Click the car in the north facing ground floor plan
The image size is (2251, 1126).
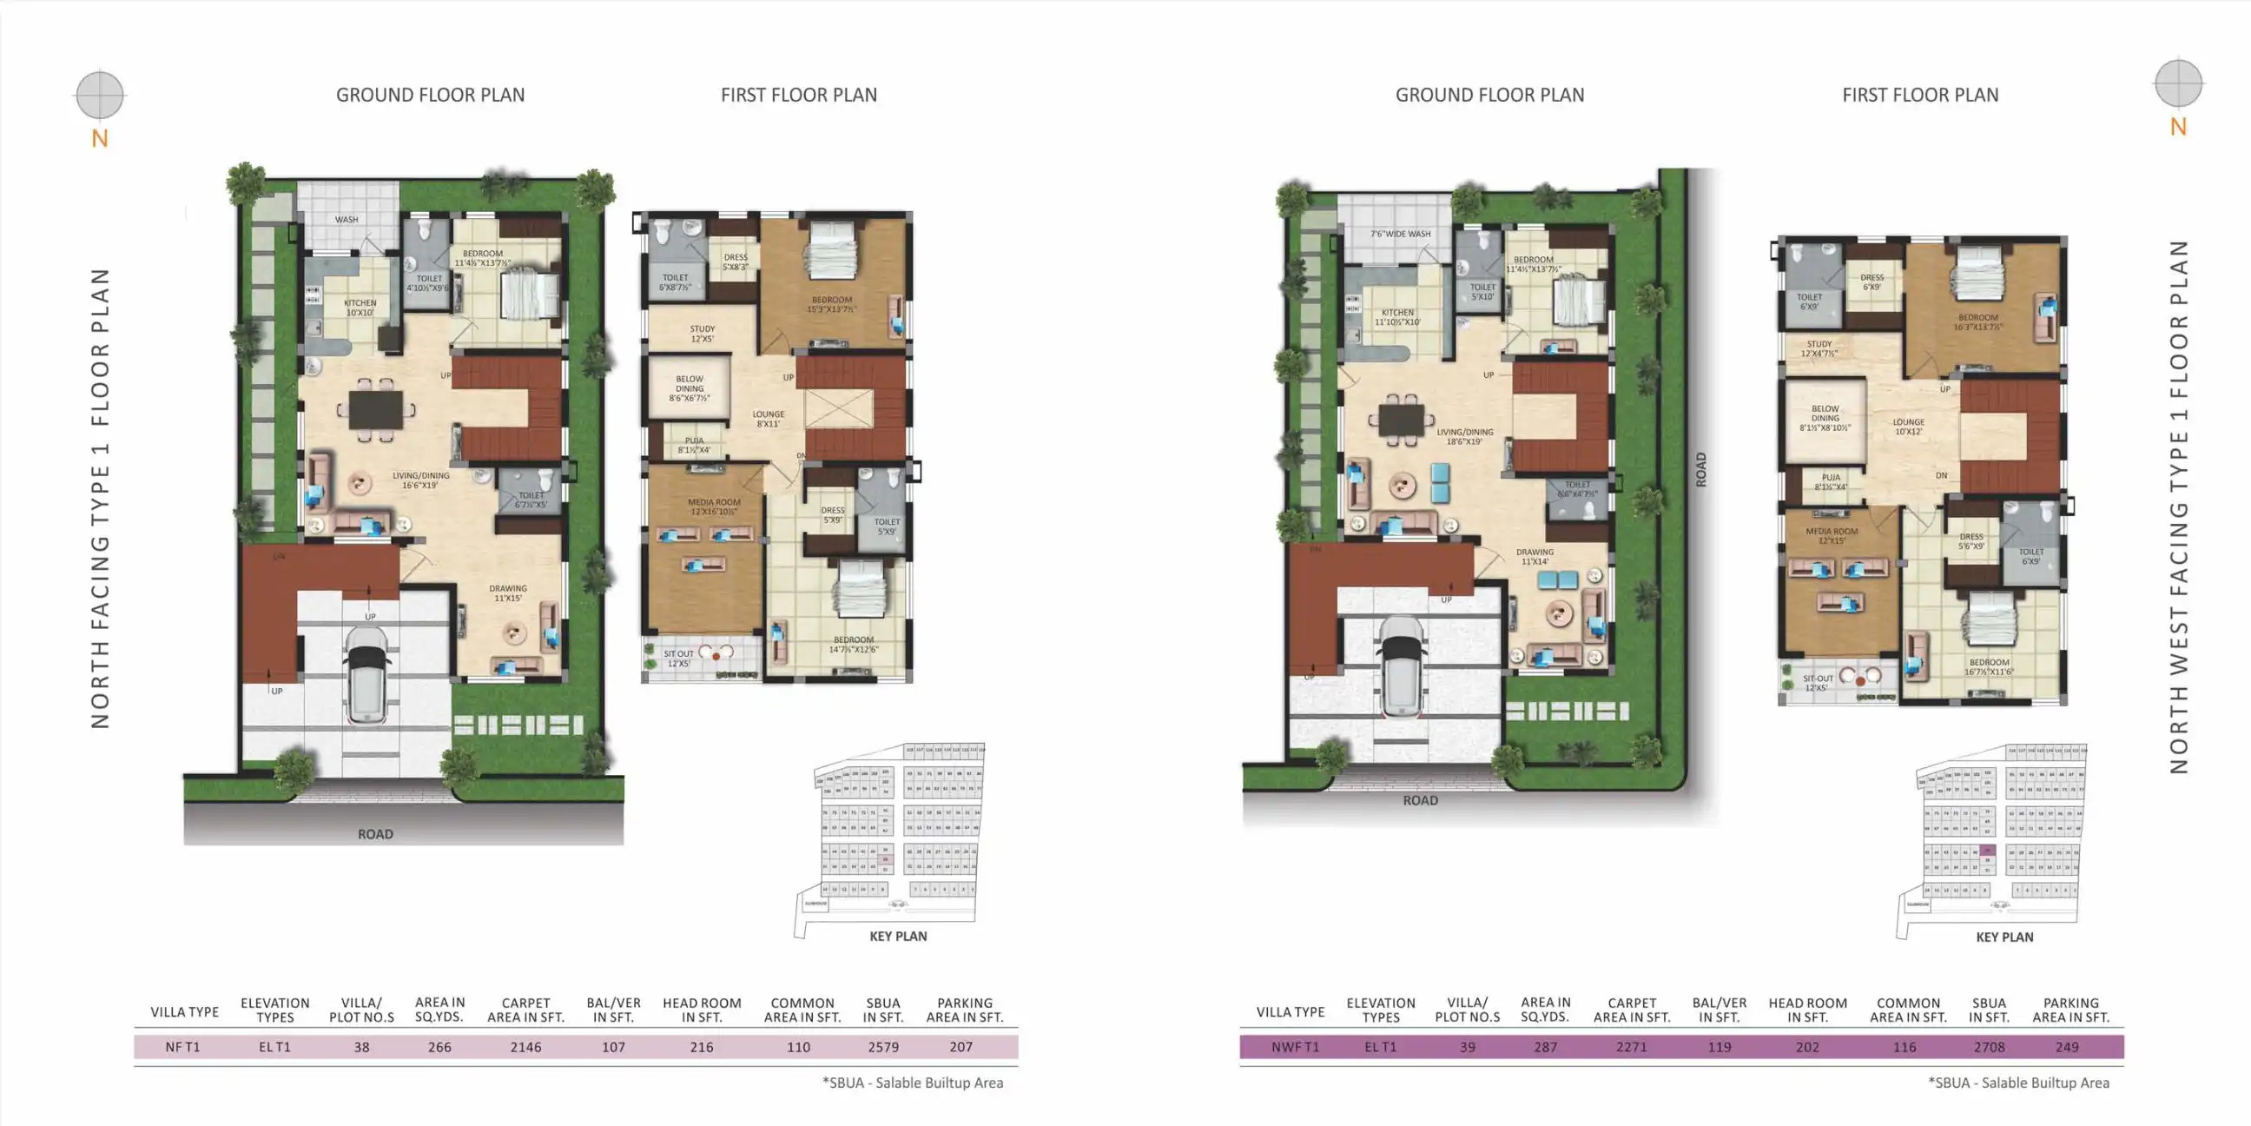point(366,674)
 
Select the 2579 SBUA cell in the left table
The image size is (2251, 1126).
point(882,1046)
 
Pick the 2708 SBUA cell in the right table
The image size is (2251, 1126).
point(1989,1046)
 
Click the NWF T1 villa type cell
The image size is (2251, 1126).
point(1295,1046)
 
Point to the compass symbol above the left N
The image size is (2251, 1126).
point(100,95)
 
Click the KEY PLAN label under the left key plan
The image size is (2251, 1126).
point(897,936)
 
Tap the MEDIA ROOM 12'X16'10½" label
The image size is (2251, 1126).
point(714,507)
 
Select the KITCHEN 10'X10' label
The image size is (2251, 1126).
point(360,308)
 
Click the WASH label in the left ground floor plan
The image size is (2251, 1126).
point(346,220)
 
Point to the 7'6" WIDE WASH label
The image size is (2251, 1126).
point(1400,235)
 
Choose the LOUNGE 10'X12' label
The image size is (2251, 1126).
point(1909,427)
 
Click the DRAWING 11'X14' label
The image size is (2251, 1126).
point(1535,557)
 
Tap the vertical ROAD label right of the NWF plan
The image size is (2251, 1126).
point(1700,469)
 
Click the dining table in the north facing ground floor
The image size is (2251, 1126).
point(376,409)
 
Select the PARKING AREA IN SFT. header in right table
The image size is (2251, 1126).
point(2070,1010)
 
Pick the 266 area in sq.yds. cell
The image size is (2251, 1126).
point(439,1046)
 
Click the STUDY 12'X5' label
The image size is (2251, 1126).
point(702,334)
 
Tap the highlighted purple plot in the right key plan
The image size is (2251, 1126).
point(1989,850)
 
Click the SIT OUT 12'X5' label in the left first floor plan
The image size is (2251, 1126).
point(678,659)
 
